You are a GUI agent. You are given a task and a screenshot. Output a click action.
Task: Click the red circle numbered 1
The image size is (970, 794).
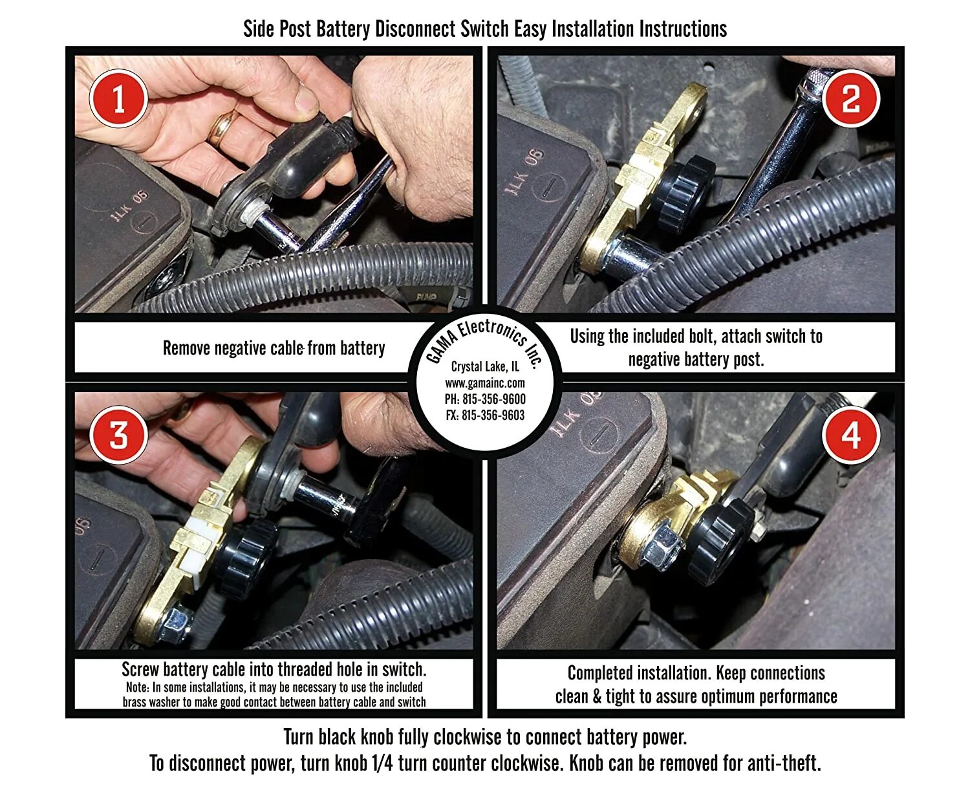point(118,98)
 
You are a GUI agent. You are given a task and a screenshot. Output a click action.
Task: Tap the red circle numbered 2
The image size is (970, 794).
point(850,98)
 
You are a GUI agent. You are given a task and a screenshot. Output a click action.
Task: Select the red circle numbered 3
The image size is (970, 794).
point(118,434)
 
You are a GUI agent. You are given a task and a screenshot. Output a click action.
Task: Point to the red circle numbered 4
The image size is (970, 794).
point(850,434)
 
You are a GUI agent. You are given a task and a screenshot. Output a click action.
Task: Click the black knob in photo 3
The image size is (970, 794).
point(244,558)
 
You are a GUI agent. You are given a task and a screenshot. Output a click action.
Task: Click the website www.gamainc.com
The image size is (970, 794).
point(485,383)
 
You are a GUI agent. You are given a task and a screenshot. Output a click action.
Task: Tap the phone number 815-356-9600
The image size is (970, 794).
point(494,399)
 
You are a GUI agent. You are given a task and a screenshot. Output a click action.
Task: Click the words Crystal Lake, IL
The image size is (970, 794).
point(485,366)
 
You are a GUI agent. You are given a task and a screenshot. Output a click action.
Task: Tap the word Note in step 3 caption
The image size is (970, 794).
point(136,687)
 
